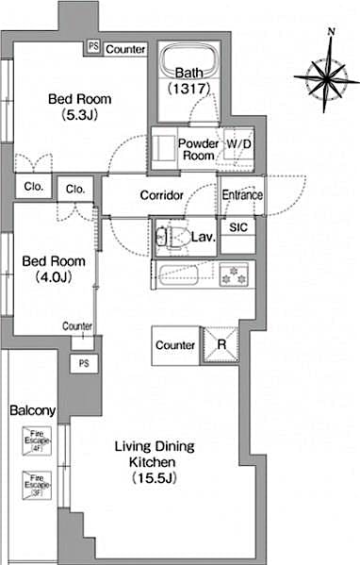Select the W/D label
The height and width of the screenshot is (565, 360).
click(237, 144)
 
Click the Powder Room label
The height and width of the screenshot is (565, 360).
click(199, 149)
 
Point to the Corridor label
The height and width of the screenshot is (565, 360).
click(161, 195)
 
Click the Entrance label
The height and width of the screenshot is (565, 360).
click(242, 195)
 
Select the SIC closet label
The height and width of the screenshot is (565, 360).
click(238, 227)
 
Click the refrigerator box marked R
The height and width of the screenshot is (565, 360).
click(221, 345)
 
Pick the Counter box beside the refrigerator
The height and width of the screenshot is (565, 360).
click(175, 345)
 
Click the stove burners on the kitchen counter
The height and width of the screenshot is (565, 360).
click(231, 275)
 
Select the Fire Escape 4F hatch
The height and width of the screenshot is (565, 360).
click(34, 440)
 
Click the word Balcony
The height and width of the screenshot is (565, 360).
click(33, 411)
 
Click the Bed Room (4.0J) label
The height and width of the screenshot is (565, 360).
click(52, 269)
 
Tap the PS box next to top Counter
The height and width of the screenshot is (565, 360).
click(92, 46)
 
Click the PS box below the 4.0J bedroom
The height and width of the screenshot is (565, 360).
click(83, 363)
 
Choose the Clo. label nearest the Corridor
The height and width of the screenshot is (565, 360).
click(75, 189)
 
